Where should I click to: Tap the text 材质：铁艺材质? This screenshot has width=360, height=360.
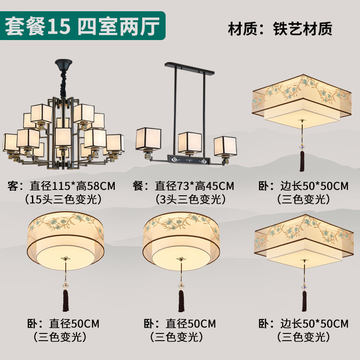(x=280, y=28)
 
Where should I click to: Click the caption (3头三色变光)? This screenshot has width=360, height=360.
(x=190, y=198)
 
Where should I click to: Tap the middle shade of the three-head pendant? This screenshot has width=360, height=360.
(x=189, y=142)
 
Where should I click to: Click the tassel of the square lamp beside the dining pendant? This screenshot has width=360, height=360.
(x=302, y=161)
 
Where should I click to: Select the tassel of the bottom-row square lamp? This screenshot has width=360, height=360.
(x=304, y=299)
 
